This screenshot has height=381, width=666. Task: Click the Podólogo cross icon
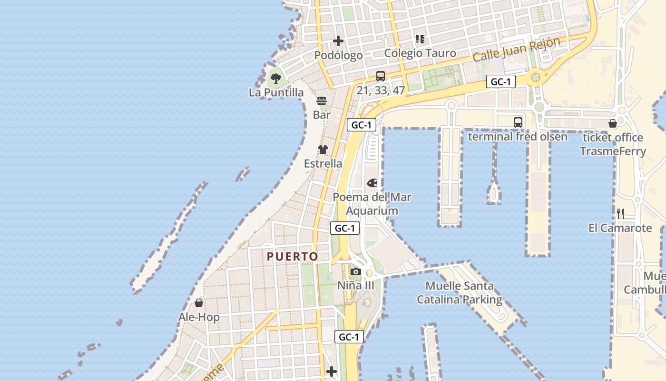338,41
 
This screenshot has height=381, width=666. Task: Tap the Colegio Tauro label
420,53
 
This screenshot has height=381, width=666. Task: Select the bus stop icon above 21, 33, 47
380,76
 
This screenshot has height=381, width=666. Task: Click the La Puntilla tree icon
275,78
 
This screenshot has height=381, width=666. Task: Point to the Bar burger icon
322,101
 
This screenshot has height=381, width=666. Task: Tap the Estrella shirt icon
323,150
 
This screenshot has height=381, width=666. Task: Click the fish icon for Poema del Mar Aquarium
372,183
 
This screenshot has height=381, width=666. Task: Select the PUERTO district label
292,257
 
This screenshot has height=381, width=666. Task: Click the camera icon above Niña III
355,272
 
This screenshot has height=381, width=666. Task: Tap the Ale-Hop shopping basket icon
199,303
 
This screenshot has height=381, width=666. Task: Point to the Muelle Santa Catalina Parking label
459,293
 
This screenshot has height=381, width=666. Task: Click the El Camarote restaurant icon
620,213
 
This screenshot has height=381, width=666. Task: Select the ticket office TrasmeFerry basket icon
612,123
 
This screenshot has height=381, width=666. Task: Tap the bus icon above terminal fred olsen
518,122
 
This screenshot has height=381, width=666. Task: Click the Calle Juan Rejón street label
517,50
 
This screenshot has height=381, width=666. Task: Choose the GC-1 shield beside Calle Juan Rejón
500,82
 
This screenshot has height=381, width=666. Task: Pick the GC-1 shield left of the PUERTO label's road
345,228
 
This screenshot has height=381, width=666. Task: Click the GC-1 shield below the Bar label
362,125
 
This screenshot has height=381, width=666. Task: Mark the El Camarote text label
620,228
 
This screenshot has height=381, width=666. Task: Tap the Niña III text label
355,286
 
